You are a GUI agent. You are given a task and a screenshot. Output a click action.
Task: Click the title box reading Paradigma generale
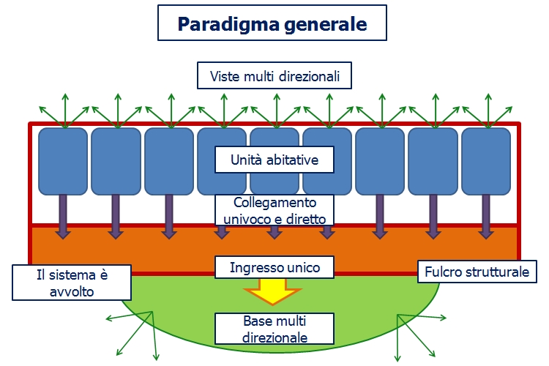click(272, 24)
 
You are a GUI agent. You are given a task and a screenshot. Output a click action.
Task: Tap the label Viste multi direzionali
click(274, 75)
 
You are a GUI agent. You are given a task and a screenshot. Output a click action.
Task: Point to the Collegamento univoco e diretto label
click(274, 210)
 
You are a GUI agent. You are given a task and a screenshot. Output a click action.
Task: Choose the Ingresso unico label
click(274, 267)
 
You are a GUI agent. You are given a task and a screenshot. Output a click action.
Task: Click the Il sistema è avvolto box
click(72, 283)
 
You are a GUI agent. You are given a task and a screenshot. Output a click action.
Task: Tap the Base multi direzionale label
click(274, 329)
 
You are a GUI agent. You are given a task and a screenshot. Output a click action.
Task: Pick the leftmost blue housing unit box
click(63, 160)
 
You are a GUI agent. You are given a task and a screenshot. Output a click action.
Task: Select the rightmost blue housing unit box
click(486, 160)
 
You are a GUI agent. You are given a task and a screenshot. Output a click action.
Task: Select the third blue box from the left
click(169, 160)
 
